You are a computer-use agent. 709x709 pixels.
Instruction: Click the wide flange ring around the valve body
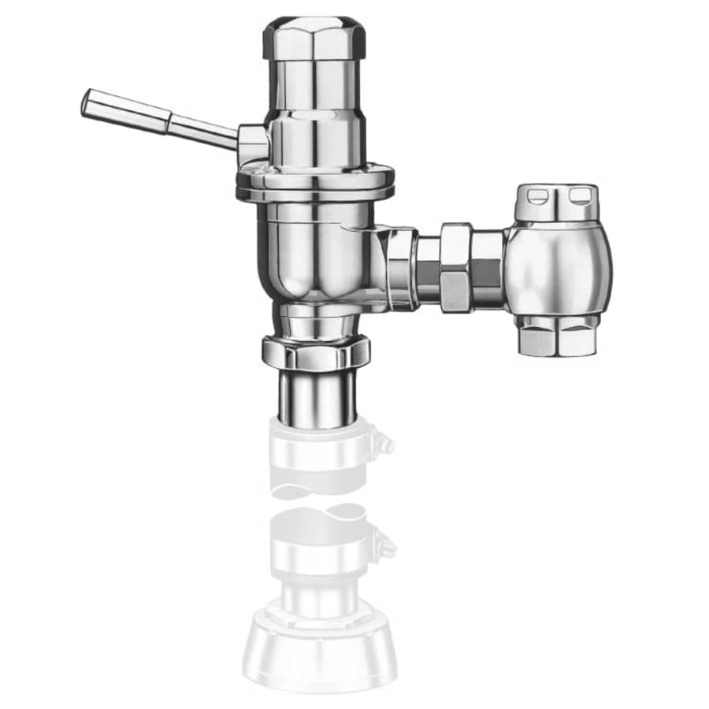314,182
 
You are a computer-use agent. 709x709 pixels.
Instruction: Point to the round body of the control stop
559,268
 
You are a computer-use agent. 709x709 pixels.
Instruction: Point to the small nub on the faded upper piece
385,446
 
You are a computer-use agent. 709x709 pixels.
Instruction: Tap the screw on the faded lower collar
386,544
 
